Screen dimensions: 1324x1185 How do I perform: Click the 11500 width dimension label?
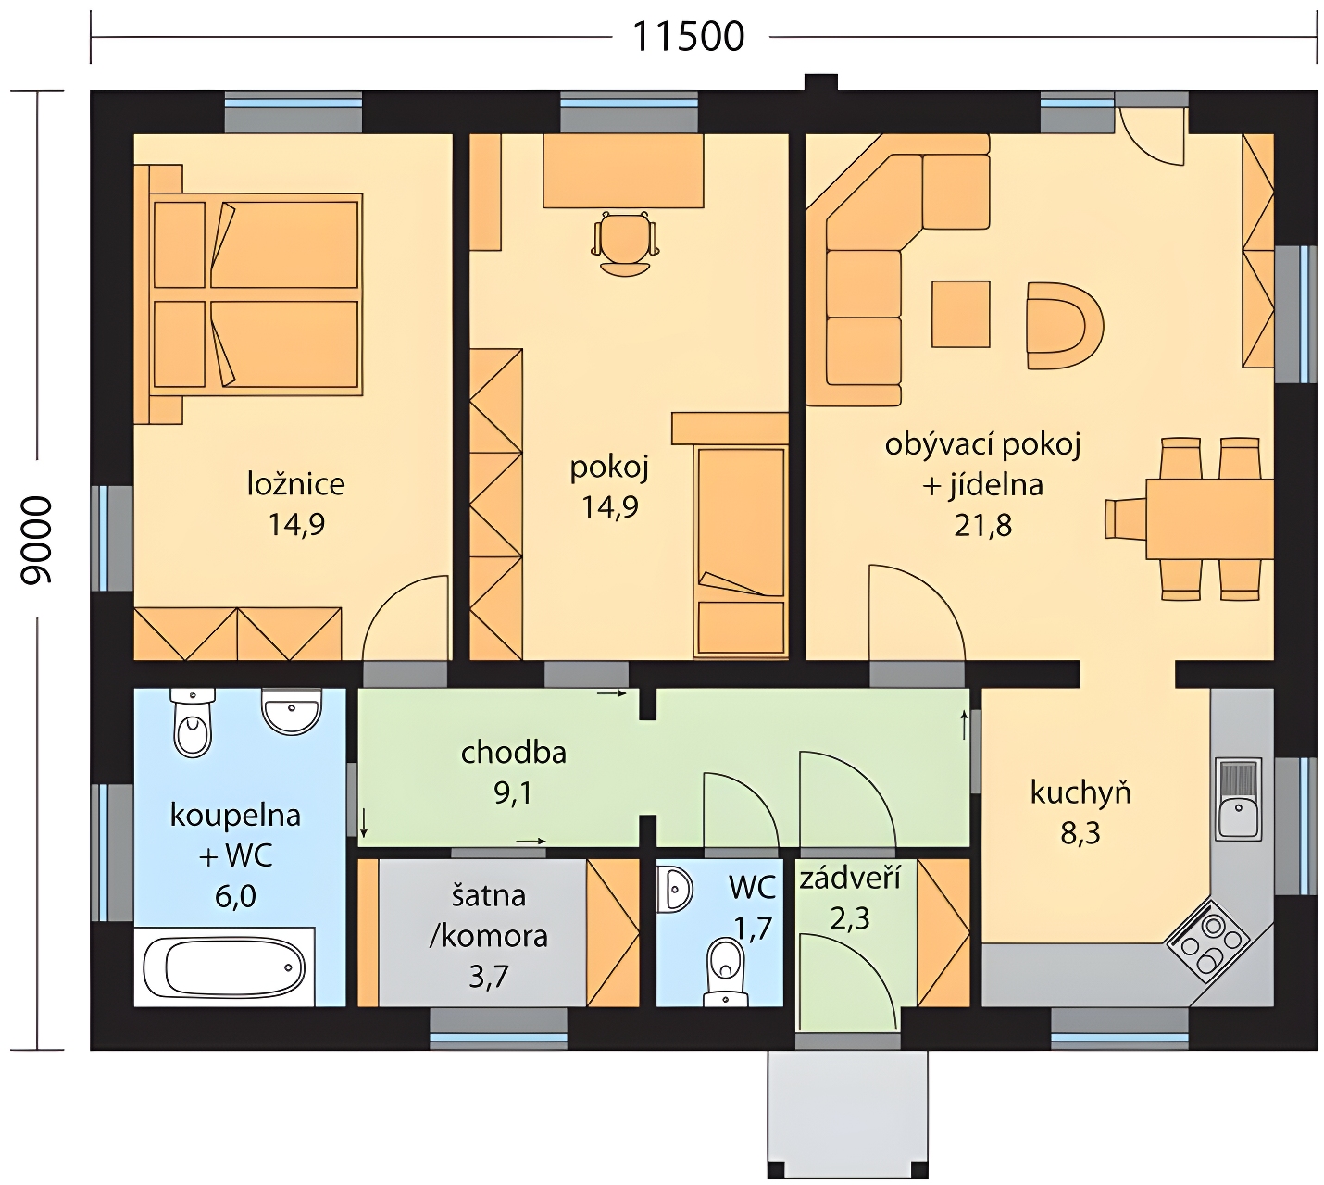688,37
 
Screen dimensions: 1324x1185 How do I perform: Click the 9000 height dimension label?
36,540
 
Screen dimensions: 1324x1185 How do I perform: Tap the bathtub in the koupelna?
224,967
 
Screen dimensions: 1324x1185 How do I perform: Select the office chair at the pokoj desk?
625,243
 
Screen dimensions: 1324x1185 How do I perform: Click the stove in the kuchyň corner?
1208,942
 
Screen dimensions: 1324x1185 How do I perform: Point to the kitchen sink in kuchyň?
1239,799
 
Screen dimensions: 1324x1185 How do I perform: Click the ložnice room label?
296,484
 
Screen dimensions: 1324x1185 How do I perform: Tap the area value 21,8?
982,525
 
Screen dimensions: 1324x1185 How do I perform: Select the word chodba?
514,753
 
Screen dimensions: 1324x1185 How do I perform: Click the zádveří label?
850,878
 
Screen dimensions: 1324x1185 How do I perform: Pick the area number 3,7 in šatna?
488,977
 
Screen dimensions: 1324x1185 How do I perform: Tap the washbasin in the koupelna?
292,710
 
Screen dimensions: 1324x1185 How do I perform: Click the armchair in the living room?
1065,326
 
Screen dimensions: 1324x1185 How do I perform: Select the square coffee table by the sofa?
961,314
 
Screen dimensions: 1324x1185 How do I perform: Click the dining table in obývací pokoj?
1209,519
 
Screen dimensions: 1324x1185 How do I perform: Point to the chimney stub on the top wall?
821,82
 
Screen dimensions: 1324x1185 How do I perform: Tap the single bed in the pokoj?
741,550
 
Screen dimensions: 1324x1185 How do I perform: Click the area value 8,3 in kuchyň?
1080,833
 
